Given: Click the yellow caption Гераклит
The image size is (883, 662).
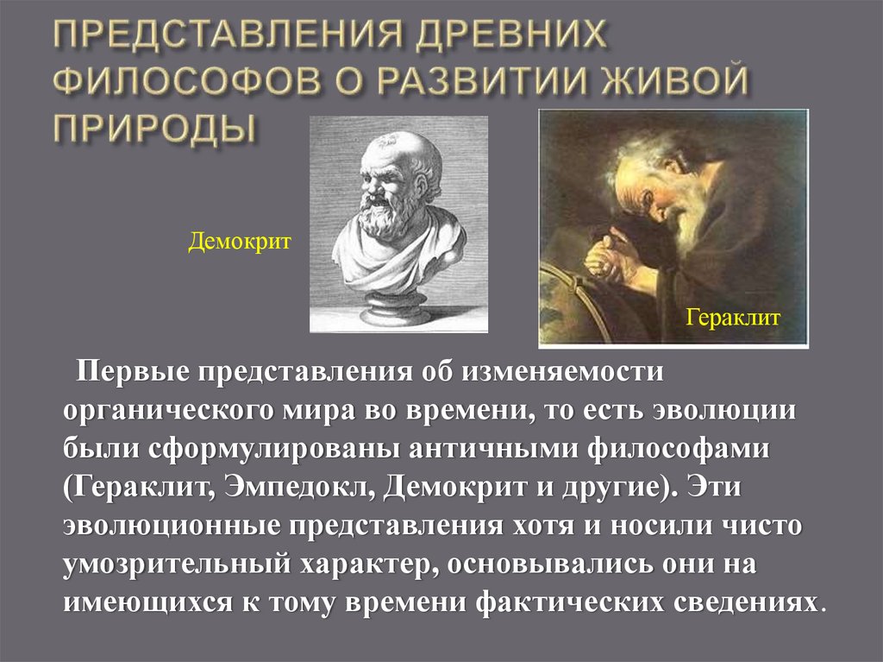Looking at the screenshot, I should [x=733, y=318].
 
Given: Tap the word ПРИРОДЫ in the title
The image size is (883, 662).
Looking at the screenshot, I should [x=154, y=127].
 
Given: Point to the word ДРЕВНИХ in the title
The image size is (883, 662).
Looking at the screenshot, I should [x=516, y=39].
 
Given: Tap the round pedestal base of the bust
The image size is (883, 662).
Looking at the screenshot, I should [x=396, y=308].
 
